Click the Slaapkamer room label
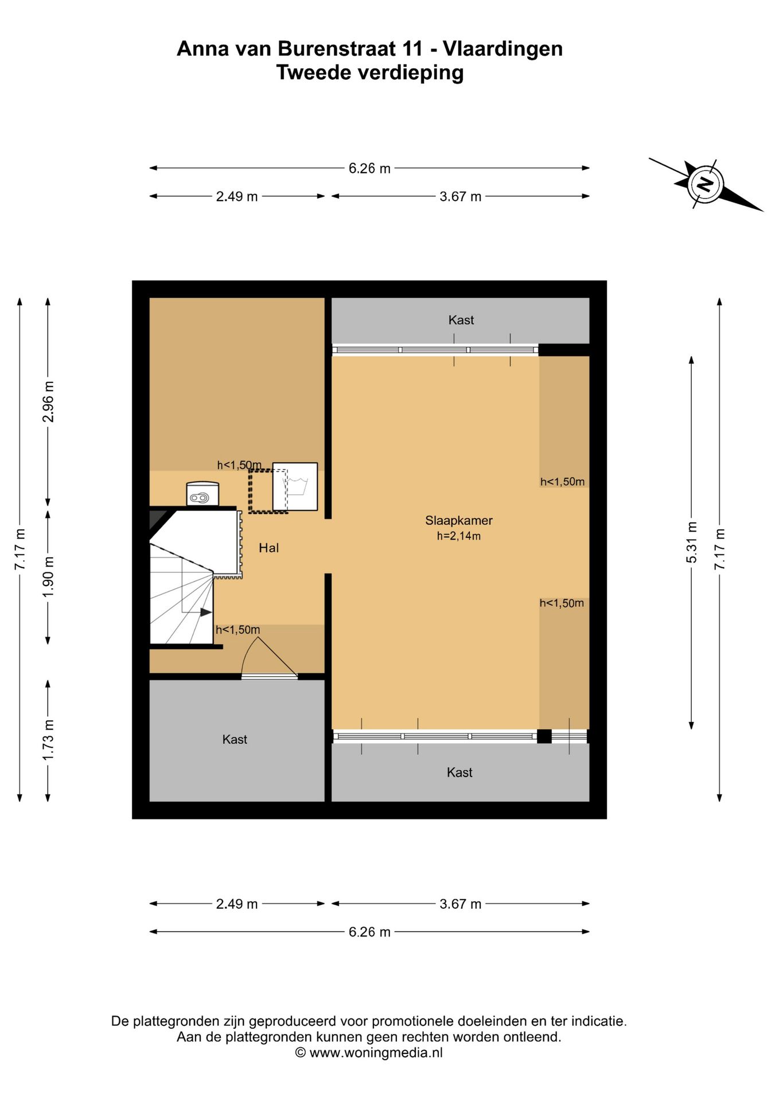pos(458,521)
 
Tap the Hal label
pos(268,548)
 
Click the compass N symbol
pos(706,183)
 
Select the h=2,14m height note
pos(458,536)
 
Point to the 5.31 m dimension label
pos(692,542)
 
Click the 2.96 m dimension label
pos(48,401)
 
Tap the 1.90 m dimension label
pos(48,576)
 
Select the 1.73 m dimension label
pos(48,740)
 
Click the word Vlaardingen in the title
pos(503,49)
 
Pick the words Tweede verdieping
pos(370,73)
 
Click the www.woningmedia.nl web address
pos(376,1052)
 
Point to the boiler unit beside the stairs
pos(202,494)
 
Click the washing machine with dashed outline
pos(295,486)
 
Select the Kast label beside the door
pos(235,739)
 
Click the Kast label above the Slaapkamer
pos(461,320)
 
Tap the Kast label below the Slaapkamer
pos(459,772)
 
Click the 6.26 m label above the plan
pos(369,169)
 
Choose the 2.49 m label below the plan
pos(237,904)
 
